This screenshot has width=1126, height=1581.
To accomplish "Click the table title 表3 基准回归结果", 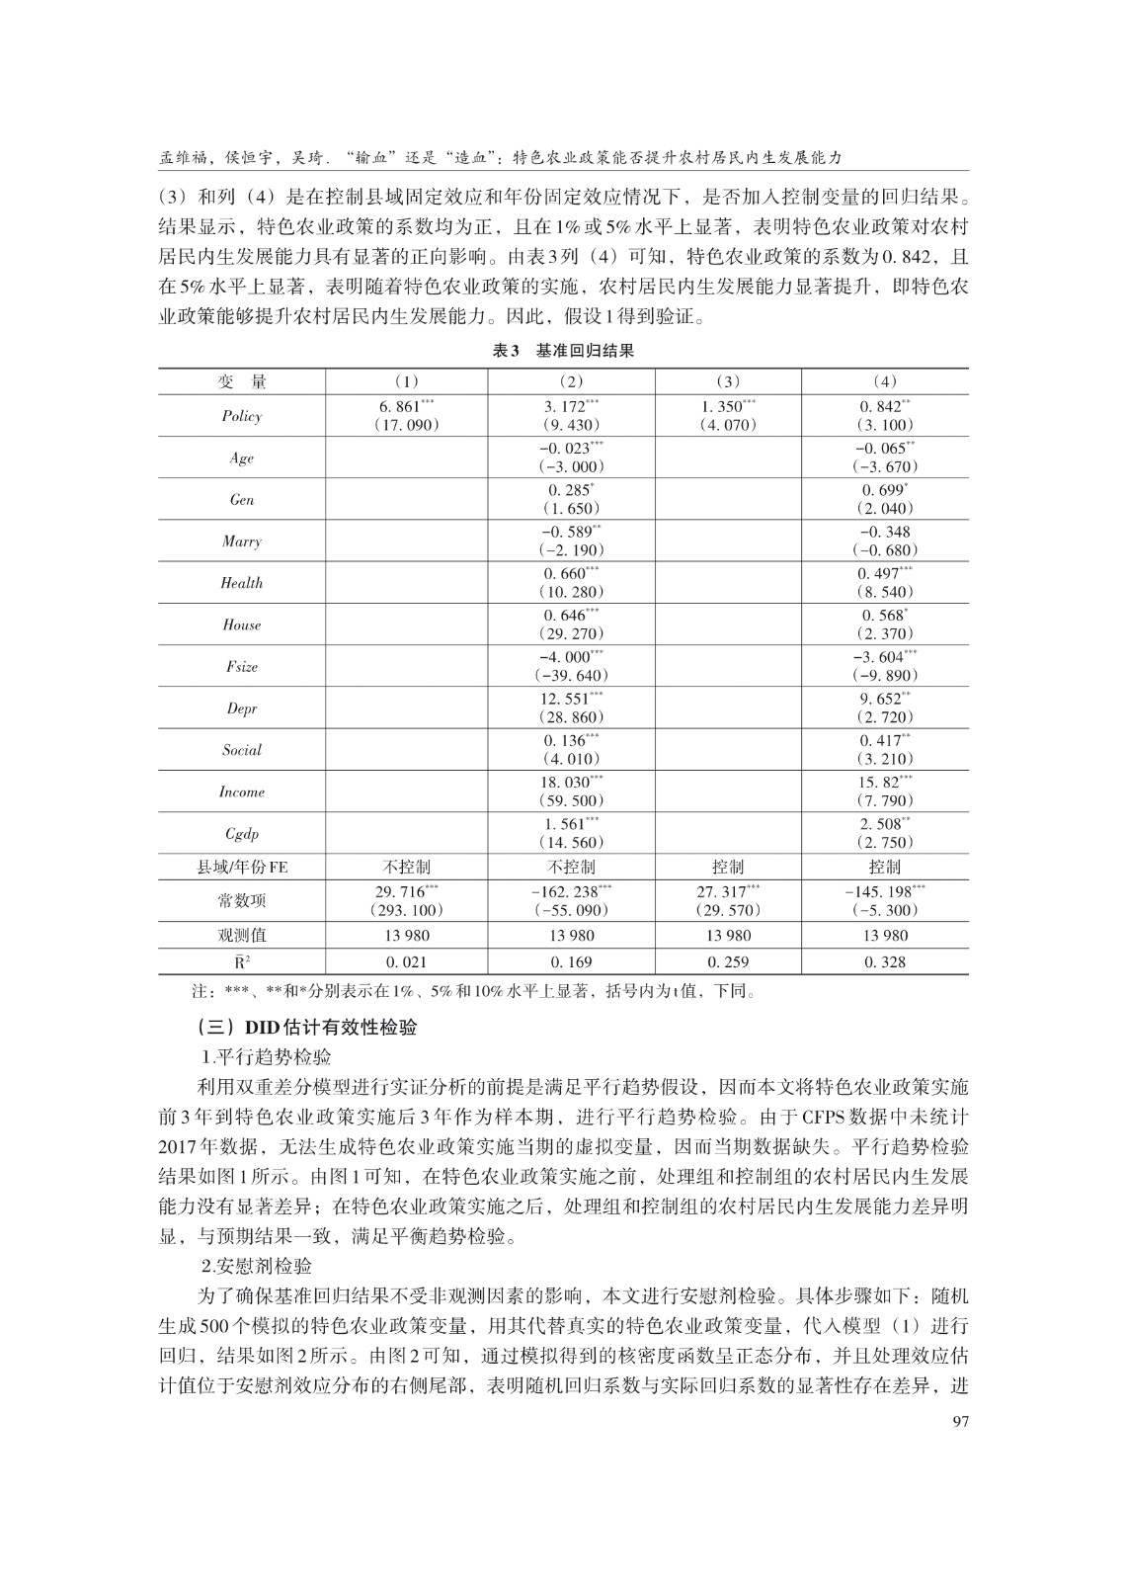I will (x=563, y=351).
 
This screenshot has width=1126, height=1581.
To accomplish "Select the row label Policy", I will (x=242, y=416).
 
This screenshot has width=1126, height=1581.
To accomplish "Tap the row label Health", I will (x=242, y=583).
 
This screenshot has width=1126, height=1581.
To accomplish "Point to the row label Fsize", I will (x=242, y=667).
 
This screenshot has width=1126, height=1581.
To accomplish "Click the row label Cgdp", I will (x=242, y=834).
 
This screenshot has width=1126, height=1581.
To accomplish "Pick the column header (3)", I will (x=728, y=381).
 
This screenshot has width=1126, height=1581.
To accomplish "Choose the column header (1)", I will (x=406, y=381).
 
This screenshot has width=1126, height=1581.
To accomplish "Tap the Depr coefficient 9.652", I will (x=881, y=699).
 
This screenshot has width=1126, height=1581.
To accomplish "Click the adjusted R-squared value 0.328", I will (x=884, y=961).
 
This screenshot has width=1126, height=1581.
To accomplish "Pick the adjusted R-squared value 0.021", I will (x=406, y=961).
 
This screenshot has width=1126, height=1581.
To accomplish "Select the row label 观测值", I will (x=242, y=935).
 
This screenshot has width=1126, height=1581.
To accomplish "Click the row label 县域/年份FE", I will (x=242, y=867).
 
